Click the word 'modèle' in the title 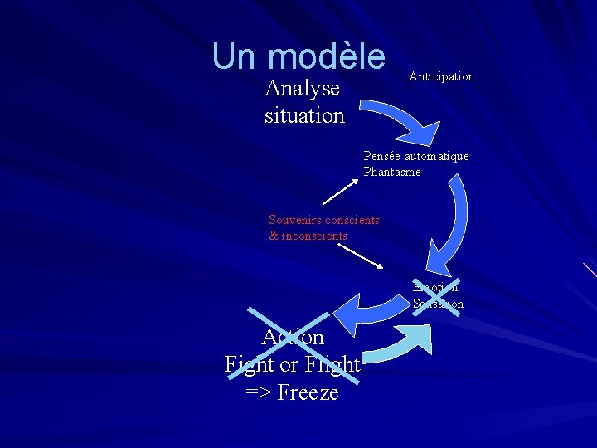(327, 56)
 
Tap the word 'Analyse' (302, 88)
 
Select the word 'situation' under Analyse (304, 115)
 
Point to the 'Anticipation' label (441, 76)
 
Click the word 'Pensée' (383, 156)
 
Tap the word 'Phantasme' (392, 172)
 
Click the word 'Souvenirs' (294, 220)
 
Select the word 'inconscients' (314, 236)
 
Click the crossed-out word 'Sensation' (438, 304)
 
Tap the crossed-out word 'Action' (293, 337)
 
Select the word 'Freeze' (308, 392)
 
